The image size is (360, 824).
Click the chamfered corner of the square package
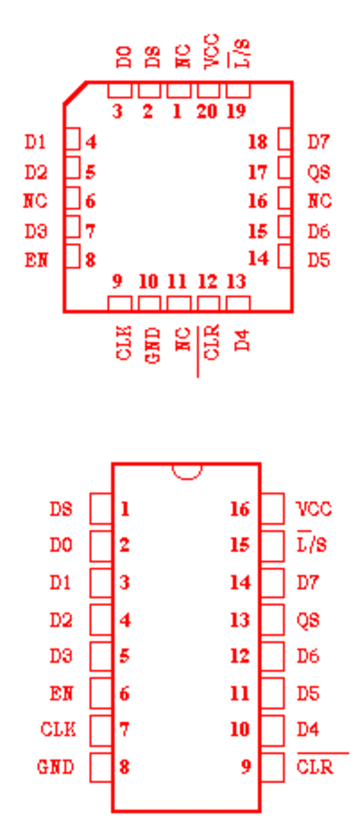(76, 93)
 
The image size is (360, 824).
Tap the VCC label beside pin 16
(314, 509)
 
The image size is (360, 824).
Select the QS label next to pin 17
(319, 172)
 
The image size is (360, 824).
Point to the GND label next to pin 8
(55, 767)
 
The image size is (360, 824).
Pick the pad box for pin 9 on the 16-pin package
(272, 767)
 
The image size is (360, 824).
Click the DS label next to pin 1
(61, 509)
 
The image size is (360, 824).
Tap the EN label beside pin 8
(36, 260)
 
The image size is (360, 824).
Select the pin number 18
(257, 142)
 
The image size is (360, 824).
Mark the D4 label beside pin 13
(241, 340)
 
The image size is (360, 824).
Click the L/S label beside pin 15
(311, 545)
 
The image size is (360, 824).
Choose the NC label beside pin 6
(36, 201)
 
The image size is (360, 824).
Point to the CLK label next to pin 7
(58, 729)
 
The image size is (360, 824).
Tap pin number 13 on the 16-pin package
(239, 620)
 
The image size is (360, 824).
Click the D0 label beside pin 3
(123, 58)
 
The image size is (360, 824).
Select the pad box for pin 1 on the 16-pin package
(101, 509)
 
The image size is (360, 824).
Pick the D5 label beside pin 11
(308, 693)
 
